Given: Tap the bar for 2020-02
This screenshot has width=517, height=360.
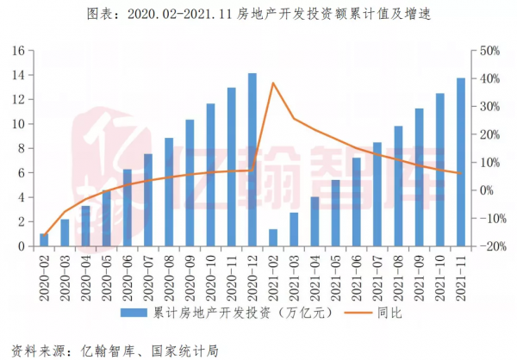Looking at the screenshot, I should [44, 239].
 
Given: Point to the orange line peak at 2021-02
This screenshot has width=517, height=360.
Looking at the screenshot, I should [273, 83].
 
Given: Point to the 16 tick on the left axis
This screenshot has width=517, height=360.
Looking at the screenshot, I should [16, 51].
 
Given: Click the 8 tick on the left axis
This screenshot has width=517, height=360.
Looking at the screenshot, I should [20, 148].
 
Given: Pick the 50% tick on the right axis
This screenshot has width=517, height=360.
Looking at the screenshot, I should [488, 51].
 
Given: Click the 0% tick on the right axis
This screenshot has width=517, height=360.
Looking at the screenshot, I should [484, 190].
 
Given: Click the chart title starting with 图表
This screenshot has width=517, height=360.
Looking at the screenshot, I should [258, 14].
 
